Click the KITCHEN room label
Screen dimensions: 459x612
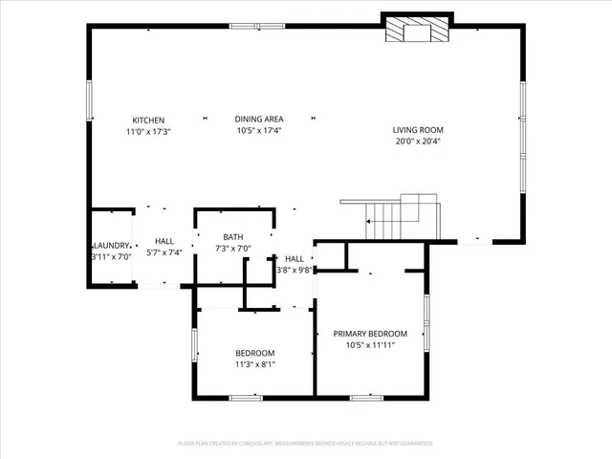pyautogui.click(x=148, y=120)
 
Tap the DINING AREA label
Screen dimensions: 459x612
pyautogui.click(x=258, y=120)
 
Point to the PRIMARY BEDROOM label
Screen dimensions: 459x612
pyautogui.click(x=370, y=334)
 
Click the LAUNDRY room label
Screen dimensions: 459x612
pyautogui.click(x=112, y=245)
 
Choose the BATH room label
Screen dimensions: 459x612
pyautogui.click(x=233, y=237)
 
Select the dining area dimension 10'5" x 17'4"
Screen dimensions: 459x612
pyautogui.click(x=258, y=131)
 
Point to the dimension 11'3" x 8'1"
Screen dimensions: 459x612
pyautogui.click(x=254, y=364)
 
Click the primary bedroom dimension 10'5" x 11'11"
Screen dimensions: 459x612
pyautogui.click(x=370, y=345)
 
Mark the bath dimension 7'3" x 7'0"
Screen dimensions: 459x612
pyautogui.click(x=233, y=249)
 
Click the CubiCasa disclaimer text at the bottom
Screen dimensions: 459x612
pyautogui.click(x=306, y=444)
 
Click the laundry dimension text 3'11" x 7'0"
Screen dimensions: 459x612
pyautogui.click(x=111, y=256)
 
